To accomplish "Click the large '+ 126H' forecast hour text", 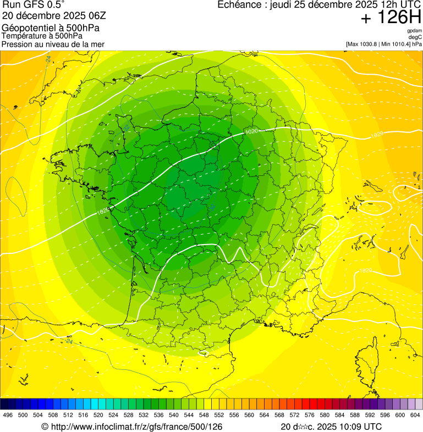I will (x=391, y=18).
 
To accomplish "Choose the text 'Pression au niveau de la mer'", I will (x=53, y=44).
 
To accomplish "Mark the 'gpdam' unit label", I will (x=414, y=31).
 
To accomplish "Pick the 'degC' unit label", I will (x=415, y=37).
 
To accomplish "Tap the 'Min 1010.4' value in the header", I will (x=395, y=44).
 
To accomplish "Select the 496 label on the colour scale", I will (x=8, y=415).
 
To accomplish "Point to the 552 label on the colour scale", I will (x=219, y=415).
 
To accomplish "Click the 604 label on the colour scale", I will (x=415, y=415).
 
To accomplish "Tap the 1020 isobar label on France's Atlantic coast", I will (x=103, y=210).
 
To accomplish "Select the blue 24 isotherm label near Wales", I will (x=48, y=59).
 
